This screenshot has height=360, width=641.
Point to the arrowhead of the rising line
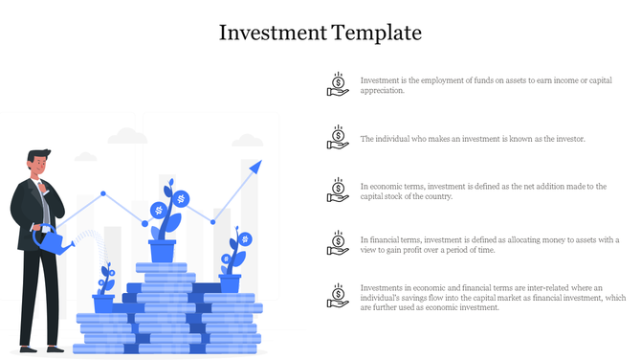pos(255,167)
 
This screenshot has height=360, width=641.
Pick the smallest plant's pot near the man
pos(103,303)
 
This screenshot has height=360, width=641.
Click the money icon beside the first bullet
pos(337,84)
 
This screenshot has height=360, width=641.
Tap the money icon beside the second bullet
pos(337,137)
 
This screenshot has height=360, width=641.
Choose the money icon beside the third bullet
pos(337,190)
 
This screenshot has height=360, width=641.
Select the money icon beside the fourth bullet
pos(337,242)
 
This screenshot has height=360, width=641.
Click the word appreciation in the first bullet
pos(383,91)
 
